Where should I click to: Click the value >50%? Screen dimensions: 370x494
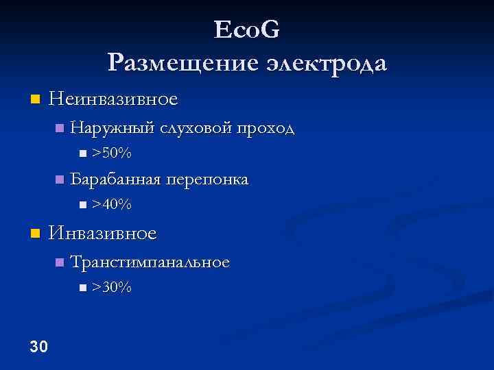point(112,152)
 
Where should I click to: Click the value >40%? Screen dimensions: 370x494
point(112,204)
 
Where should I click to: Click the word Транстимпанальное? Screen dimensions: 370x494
point(150,262)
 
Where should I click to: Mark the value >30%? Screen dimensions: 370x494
point(112,287)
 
